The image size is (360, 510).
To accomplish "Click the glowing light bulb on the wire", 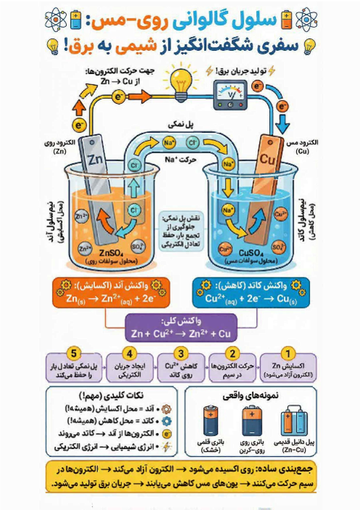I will tap(179, 78).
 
